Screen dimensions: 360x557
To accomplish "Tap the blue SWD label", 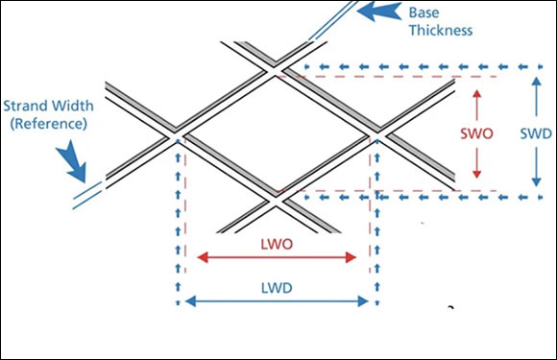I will click(x=535, y=134).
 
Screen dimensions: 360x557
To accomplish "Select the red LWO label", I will click(x=278, y=244).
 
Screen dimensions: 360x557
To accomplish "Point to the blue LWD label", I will click(x=278, y=287).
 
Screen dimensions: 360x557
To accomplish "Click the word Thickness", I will click(x=440, y=30).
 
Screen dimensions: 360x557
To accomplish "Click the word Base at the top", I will click(x=424, y=12).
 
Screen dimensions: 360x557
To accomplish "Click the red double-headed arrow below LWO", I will click(x=277, y=257).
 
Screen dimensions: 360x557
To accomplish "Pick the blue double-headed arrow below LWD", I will click(x=277, y=301).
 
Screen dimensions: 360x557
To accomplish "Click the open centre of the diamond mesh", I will click(x=276, y=134).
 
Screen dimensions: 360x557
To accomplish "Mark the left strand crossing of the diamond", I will click(x=179, y=135).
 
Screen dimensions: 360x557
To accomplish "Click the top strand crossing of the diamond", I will click(x=276, y=70).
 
